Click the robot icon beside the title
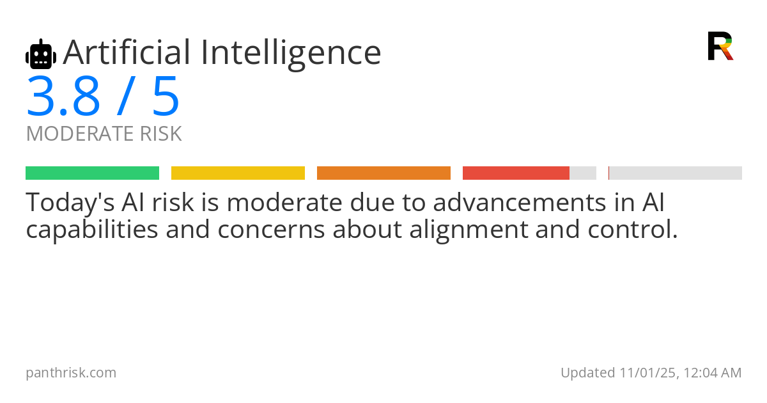41,54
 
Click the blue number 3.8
63,97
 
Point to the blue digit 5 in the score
166,97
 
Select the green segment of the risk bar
92,173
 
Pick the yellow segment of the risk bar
238,173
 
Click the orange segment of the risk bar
383,173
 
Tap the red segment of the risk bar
516,173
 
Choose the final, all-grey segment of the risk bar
676,173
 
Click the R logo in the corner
720,46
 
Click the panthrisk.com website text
71,373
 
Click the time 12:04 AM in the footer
711,373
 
